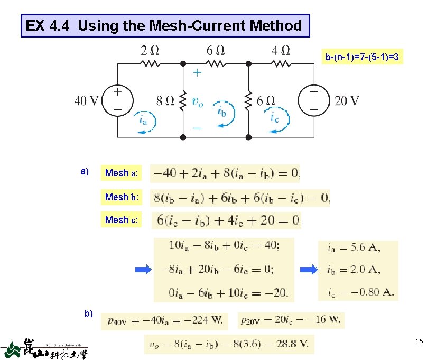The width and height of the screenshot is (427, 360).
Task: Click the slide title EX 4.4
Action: (164, 25)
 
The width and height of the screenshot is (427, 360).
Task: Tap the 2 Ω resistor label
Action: (149, 51)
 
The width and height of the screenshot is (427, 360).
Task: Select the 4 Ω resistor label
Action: (280, 51)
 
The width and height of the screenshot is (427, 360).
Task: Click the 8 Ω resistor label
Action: (165, 100)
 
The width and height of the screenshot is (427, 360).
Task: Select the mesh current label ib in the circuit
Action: (222, 112)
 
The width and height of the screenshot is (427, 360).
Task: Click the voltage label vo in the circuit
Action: (197, 101)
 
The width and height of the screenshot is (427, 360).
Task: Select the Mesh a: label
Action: (122, 173)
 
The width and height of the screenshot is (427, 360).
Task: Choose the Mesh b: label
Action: (122, 197)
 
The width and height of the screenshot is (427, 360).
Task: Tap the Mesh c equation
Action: (227, 220)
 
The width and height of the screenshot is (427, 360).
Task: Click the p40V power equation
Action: (164, 319)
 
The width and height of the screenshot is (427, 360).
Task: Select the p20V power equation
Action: (291, 319)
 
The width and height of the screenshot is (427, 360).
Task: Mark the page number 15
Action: (418, 343)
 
